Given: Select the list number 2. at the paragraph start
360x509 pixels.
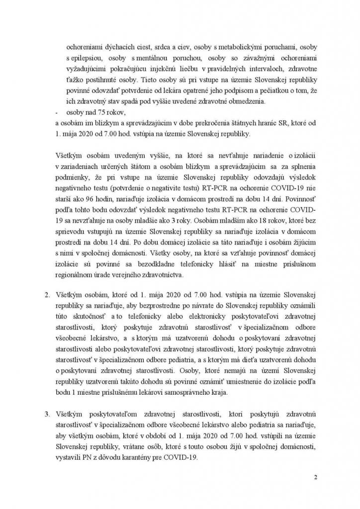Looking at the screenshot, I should [x=47, y=295].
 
